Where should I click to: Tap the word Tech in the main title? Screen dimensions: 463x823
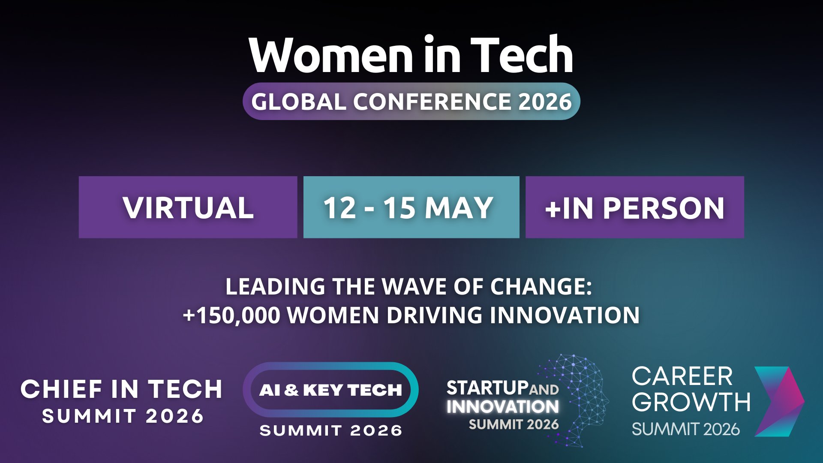[522, 56]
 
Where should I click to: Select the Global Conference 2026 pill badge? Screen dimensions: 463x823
[411, 101]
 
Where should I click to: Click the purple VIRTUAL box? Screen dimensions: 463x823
[188, 207]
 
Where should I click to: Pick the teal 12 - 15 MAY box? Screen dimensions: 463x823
[411, 207]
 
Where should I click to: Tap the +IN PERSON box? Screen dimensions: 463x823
[634, 207]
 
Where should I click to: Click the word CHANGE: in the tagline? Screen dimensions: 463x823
[541, 286]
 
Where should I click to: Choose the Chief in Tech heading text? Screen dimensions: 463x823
[122, 389]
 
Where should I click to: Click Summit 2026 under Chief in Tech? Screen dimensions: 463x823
[123, 416]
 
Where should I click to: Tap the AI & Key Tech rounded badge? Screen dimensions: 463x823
[330, 390]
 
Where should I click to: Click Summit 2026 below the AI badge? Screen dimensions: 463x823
[330, 430]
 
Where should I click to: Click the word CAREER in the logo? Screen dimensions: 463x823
[682, 377]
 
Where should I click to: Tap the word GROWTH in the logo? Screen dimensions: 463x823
[691, 402]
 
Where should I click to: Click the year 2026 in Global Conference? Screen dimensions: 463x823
[545, 102]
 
